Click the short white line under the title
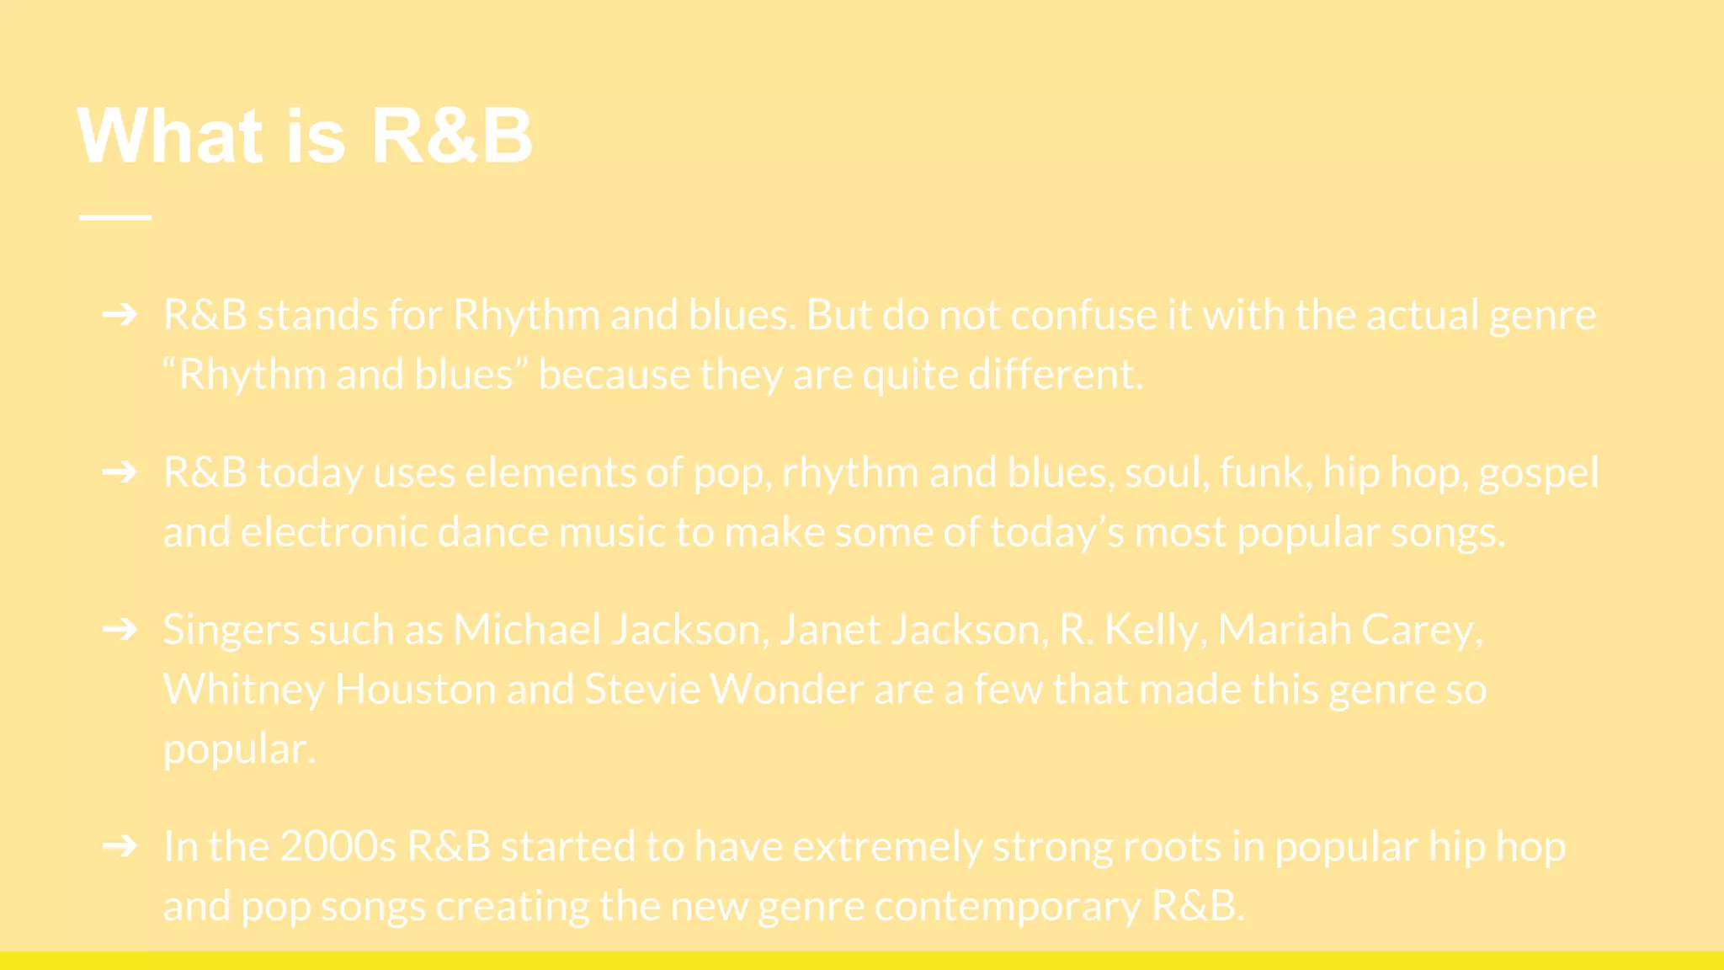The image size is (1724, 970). (115, 217)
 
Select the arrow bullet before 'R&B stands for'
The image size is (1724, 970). (120, 315)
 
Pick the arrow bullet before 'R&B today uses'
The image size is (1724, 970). (120, 472)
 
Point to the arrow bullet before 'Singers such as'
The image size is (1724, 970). (120, 629)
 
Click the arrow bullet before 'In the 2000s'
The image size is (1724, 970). (120, 845)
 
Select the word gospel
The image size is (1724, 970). (1538, 473)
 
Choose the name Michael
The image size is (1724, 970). (527, 629)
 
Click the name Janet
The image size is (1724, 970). (829, 629)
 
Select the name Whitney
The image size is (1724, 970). (243, 690)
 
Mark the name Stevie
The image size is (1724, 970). (642, 689)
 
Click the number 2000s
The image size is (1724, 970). (338, 845)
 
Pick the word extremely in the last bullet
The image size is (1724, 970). (887, 846)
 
